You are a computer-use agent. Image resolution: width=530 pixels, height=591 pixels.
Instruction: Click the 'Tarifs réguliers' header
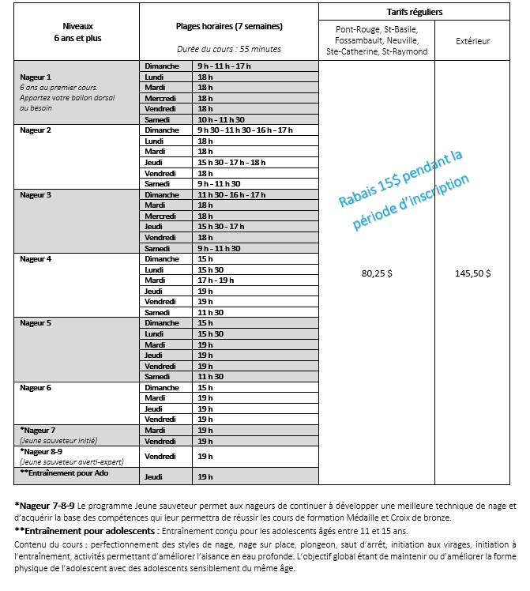pos(415,12)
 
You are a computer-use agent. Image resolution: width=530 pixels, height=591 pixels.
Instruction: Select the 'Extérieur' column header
pos(473,40)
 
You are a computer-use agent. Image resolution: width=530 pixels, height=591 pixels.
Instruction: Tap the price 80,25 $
pos(377,273)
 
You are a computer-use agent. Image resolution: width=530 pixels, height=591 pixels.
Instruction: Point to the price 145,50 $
pos(473,273)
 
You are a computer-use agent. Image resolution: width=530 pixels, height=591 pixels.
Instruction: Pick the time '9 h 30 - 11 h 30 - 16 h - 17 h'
pos(245,130)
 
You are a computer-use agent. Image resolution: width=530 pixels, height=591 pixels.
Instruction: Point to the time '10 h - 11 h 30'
pos(219,119)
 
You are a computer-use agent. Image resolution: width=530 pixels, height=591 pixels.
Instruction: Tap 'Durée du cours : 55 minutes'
pos(229,48)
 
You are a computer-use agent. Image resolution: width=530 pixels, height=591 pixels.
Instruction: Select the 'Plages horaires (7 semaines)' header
pos(229,26)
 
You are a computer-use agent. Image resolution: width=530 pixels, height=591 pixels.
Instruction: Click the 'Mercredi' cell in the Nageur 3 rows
pos(160,215)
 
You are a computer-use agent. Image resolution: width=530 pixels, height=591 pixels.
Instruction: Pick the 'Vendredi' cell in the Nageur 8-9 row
pos(160,456)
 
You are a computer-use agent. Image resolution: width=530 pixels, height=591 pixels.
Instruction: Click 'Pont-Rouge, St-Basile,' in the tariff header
pos(377,29)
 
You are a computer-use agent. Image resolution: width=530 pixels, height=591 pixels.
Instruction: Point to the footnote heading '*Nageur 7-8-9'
pos(44,504)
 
